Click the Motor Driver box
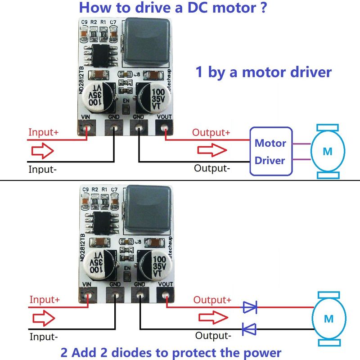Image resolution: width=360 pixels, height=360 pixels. click(x=270, y=151)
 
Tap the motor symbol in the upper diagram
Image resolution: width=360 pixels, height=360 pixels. click(x=328, y=151)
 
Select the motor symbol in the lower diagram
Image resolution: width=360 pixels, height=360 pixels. click(x=329, y=319)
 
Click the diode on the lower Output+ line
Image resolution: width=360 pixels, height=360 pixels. click(x=250, y=307)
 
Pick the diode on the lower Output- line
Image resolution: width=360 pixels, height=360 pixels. click(x=249, y=329)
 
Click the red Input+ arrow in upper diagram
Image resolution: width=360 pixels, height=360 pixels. click(x=43, y=151)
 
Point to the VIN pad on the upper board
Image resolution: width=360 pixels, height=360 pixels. click(x=88, y=129)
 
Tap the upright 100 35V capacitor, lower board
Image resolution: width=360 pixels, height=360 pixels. click(x=153, y=262)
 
